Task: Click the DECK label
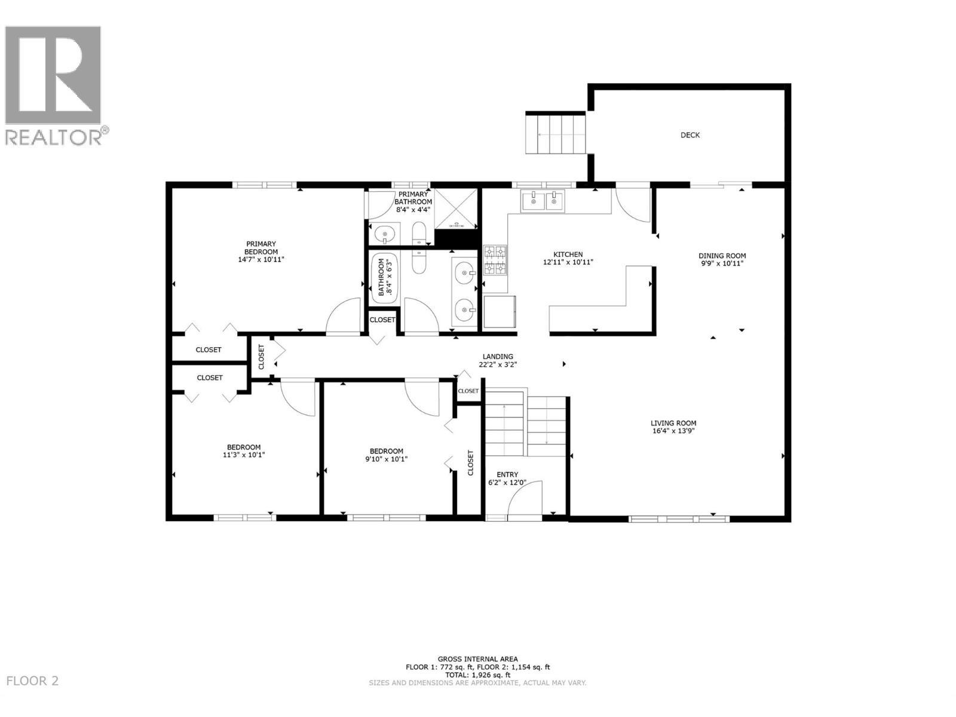click(690, 135)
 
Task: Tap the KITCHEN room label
click(568, 255)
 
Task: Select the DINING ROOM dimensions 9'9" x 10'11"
click(722, 263)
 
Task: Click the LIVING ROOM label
click(673, 423)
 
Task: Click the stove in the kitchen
click(495, 260)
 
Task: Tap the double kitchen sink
click(543, 201)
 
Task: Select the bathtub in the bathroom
click(384, 277)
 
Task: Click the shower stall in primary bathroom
click(456, 208)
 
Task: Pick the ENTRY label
click(507, 474)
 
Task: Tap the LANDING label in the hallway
click(498, 357)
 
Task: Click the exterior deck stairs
click(556, 134)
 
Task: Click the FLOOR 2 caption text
click(32, 681)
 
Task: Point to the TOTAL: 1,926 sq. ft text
click(477, 675)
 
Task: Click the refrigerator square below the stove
click(500, 312)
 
